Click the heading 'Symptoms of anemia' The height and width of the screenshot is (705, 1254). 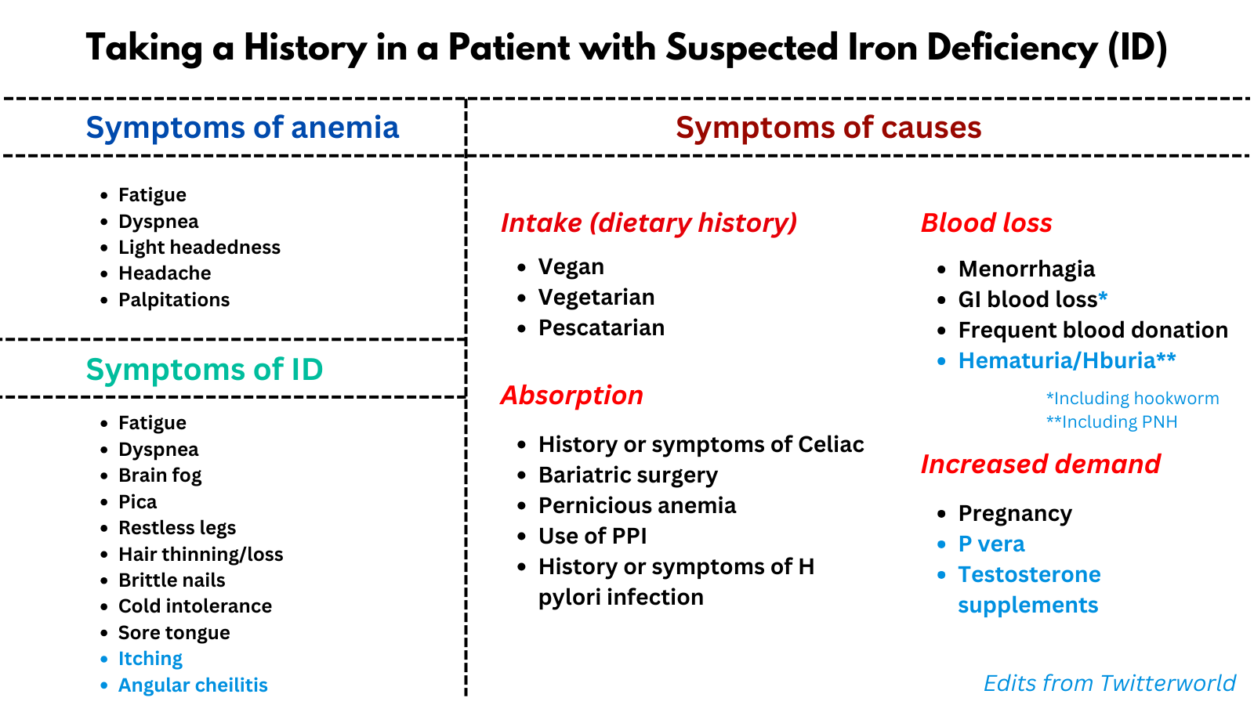pos(242,128)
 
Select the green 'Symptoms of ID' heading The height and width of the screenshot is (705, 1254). pos(205,370)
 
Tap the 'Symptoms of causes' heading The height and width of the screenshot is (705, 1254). pos(828,128)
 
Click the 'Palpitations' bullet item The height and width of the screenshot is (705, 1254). pos(174,300)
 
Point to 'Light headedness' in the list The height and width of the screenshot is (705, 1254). pos(199,248)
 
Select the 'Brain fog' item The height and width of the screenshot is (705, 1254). pos(160,475)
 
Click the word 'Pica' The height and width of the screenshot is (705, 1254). pos(138,502)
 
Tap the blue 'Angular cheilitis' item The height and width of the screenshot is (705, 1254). pos(193,685)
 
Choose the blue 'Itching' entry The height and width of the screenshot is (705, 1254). pos(150,659)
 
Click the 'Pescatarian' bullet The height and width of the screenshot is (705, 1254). pos(601,327)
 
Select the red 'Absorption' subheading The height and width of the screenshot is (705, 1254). pos(571,396)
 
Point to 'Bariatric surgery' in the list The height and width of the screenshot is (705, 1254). pos(628,475)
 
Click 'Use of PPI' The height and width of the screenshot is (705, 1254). pos(593,537)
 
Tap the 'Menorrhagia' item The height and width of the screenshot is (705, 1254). pos(1026,269)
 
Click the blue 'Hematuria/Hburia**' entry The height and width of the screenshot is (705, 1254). pos(1067,361)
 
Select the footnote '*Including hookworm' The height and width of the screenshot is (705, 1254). pos(1133,399)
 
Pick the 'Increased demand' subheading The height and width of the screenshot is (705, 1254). pos(1040,465)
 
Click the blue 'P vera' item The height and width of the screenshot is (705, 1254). pos(991,544)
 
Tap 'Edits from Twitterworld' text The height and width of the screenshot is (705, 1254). pos(1109,683)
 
